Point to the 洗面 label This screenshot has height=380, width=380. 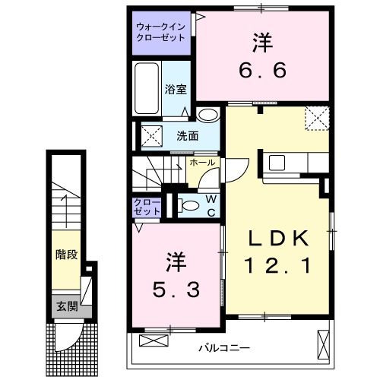point(187,137)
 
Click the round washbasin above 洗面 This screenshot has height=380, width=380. point(208,115)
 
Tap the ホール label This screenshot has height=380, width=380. point(201,163)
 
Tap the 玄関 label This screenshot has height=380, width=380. point(65,306)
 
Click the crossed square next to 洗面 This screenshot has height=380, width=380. point(149,136)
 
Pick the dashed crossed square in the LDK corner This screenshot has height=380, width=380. point(316,118)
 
